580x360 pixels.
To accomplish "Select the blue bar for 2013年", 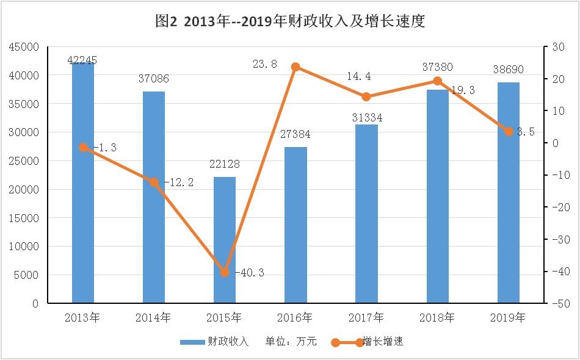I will [x=83, y=182].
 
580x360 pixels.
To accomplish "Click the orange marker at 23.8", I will [x=295, y=67].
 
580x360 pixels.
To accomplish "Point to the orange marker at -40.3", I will [x=225, y=272].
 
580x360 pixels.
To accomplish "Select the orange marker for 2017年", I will [x=366, y=96].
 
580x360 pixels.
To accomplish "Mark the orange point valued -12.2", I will [x=154, y=182].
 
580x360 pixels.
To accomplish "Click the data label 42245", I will [x=82, y=60].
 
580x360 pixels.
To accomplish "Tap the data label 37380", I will [x=437, y=68].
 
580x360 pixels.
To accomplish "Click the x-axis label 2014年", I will [x=153, y=317].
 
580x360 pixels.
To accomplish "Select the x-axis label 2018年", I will [x=437, y=317].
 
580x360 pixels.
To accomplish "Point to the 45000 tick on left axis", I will [x=24, y=47].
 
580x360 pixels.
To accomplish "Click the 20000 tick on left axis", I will [x=24, y=190].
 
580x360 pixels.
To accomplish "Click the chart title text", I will [x=290, y=21].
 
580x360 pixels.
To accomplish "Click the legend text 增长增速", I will [x=383, y=342].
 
